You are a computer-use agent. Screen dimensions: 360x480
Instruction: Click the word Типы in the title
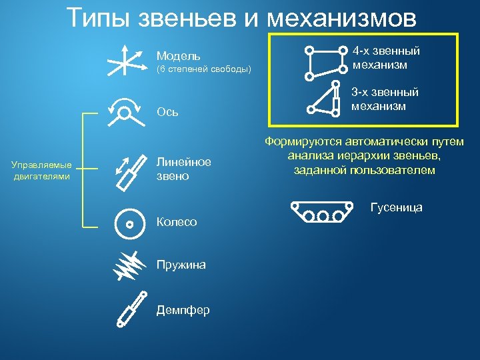coord(100,18)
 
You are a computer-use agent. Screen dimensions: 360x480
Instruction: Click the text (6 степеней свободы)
coord(203,69)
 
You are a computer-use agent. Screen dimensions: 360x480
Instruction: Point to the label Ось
coord(167,111)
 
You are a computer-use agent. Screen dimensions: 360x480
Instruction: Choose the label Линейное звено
coord(183,169)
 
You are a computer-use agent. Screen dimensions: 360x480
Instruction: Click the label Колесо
coord(176,222)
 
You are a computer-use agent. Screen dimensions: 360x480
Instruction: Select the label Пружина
coord(181,265)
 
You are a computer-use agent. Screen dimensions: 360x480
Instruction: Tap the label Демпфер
coord(183,310)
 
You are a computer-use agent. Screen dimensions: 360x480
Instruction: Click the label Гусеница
coord(396,207)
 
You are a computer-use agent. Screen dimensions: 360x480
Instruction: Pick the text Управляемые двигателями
coord(42,170)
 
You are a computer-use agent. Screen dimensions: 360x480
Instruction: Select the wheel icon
coord(129,223)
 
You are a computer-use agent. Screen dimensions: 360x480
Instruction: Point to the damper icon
coord(130,310)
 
